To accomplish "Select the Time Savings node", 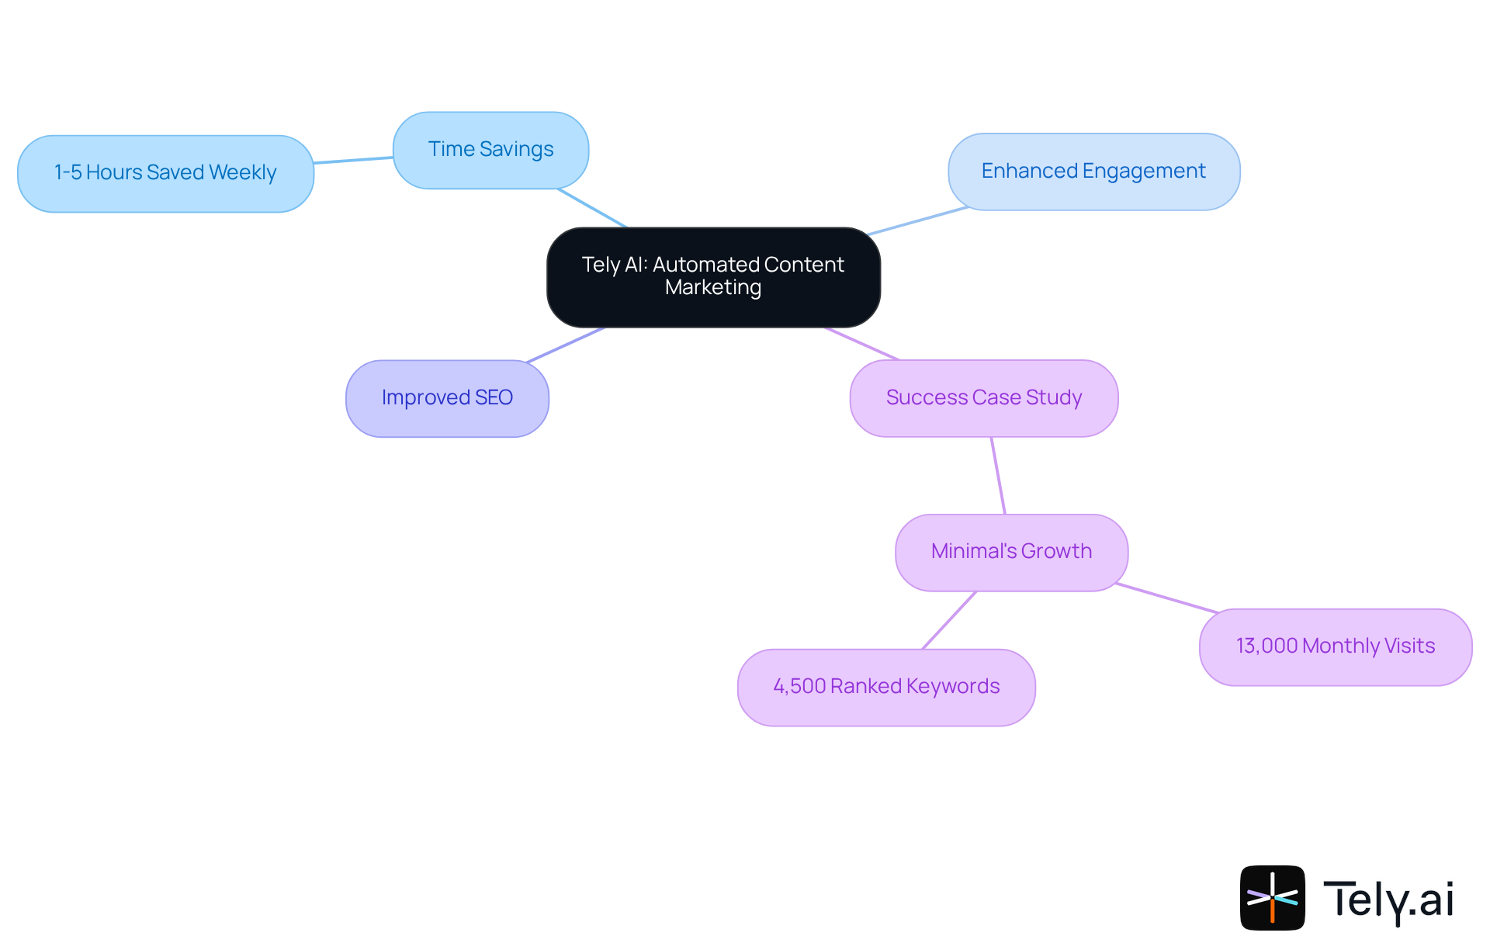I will tap(490, 150).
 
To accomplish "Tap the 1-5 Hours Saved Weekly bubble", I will tap(165, 173).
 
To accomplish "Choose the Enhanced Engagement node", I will tap(1093, 172).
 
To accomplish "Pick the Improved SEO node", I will tap(447, 398).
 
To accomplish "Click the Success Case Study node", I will tap(983, 398).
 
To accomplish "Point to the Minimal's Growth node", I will tap(1011, 552).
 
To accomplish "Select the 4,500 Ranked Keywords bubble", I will tap(885, 687).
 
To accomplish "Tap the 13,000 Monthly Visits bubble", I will tap(1335, 647).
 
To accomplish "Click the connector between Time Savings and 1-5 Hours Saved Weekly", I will tap(353, 160).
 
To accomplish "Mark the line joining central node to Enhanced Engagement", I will tap(917, 221).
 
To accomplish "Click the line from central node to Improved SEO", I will tap(565, 345).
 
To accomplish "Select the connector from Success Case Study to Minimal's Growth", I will tap(998, 475).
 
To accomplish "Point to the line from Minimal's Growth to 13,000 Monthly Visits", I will tap(1166, 598).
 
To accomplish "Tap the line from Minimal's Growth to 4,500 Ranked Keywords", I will tap(948, 620).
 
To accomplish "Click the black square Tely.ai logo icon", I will tap(1272, 897).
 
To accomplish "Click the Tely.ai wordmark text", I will tap(1388, 900).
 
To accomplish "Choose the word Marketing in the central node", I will tap(713, 288).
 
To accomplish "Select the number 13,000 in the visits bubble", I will tap(1266, 647).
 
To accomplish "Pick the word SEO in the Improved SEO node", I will tap(494, 398).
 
